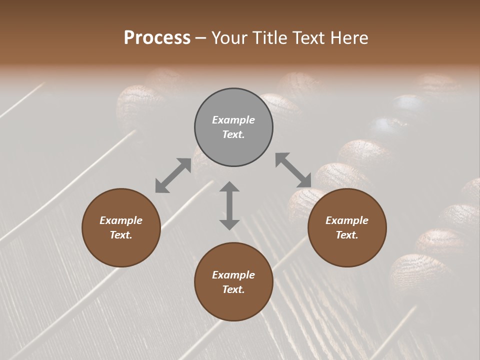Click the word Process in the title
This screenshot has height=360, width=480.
pos(157,38)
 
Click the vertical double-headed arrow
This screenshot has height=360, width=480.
pos(229,206)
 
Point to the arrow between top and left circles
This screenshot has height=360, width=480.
pos(173,175)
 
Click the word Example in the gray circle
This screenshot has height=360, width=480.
pos(233,120)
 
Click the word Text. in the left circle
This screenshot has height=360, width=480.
pos(121,235)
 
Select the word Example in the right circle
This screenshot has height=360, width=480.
pos(347,220)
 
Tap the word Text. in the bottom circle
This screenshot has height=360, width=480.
pos(233,289)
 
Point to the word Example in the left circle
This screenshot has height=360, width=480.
pos(121,220)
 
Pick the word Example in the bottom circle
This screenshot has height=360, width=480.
pos(233,275)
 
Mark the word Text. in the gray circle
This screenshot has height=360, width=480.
pos(233,134)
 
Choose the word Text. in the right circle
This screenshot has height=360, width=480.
pos(347,235)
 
